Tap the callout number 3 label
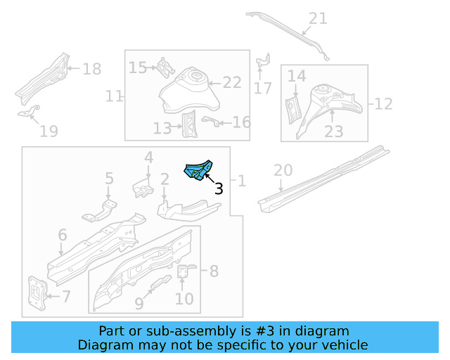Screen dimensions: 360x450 (x=218, y=188)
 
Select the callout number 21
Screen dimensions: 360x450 (x=318, y=18)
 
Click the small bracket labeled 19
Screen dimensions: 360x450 (x=29, y=112)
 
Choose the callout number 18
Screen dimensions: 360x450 (x=91, y=69)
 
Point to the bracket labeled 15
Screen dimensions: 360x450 (x=165, y=67)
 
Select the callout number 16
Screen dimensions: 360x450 (x=241, y=123)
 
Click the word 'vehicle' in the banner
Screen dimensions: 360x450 (x=345, y=345)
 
